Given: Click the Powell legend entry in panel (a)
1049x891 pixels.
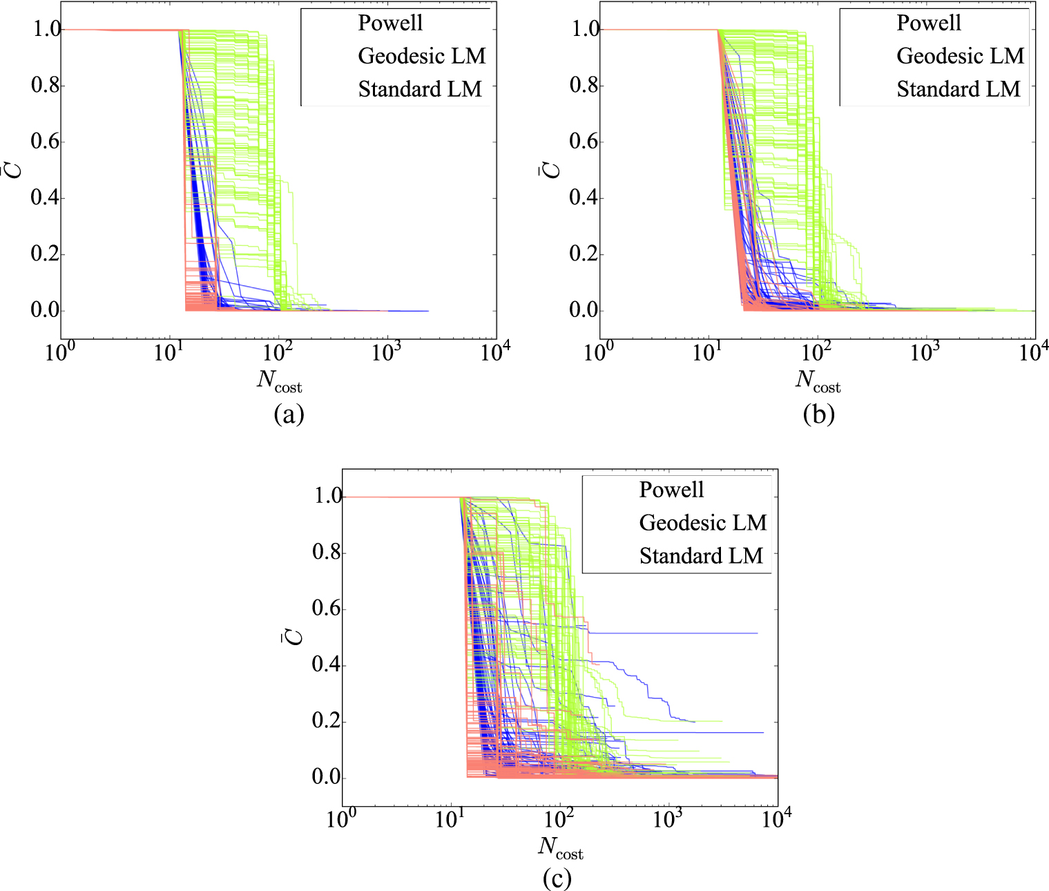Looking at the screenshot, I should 390,23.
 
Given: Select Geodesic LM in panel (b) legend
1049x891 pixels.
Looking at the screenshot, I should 960,56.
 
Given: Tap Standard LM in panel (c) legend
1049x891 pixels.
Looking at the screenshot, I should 701,556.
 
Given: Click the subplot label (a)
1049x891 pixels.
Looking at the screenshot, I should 289,414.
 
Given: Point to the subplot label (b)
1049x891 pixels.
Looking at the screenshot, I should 819,414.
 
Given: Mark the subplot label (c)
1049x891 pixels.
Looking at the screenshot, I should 557,879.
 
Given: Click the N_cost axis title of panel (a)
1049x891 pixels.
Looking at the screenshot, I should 280,381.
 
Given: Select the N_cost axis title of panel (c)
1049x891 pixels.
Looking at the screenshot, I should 560,847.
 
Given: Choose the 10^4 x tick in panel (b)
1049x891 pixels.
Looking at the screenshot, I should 1033,353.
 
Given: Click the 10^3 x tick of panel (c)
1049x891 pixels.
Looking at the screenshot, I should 668,820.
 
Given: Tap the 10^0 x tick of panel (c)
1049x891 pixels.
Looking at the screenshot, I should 341,820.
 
